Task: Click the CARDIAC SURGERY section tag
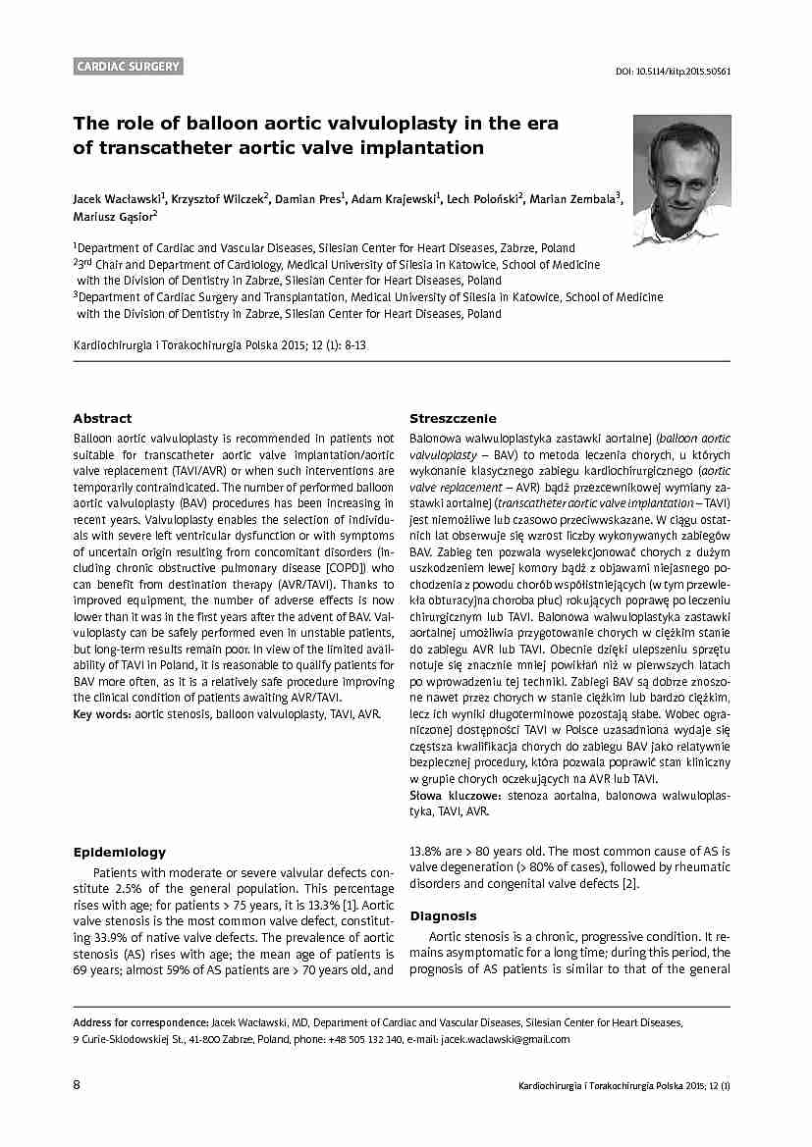coord(129,67)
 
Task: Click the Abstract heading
coord(102,418)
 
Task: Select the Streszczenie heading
coord(453,418)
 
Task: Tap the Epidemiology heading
coord(120,852)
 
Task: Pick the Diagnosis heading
coord(443,915)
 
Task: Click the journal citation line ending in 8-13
coord(221,346)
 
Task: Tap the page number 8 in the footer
coord(78,1085)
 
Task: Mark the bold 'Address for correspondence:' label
coord(141,1022)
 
